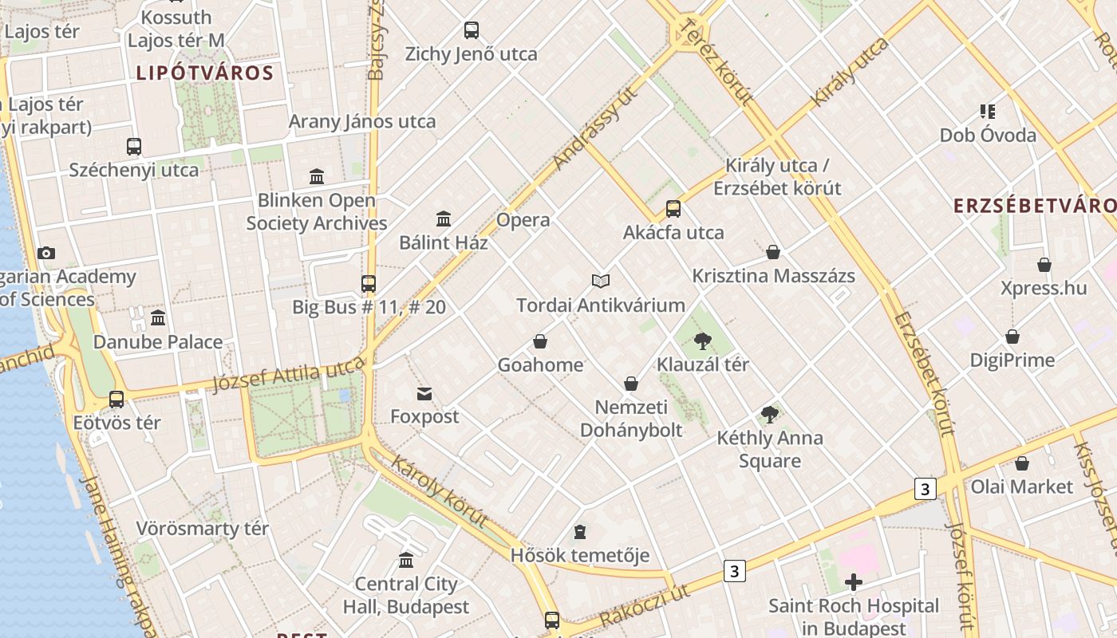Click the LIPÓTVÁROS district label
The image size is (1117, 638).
(x=205, y=73)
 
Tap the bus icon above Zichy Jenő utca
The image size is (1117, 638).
(x=472, y=30)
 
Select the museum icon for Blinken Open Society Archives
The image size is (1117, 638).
(x=317, y=176)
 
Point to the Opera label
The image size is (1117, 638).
(x=523, y=220)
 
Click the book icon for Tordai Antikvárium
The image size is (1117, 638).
(x=601, y=281)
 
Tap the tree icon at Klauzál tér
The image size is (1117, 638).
(x=703, y=341)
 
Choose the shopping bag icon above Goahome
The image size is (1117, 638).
(x=540, y=341)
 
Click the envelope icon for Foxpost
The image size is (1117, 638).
(x=424, y=393)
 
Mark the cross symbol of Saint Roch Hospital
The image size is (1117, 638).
(x=854, y=582)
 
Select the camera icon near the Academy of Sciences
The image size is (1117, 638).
(x=46, y=253)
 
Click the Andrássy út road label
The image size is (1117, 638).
(x=596, y=127)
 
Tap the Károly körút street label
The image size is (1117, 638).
(x=439, y=490)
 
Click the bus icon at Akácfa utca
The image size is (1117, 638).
(x=673, y=209)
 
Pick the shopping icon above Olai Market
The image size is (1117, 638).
(x=1022, y=463)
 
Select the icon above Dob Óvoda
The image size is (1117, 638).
(x=988, y=112)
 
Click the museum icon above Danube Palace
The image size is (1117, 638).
(x=158, y=318)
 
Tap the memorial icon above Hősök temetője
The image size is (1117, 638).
(x=580, y=532)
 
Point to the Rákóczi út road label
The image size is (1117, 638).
(x=644, y=605)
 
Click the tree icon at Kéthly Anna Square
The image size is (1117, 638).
(x=770, y=414)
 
